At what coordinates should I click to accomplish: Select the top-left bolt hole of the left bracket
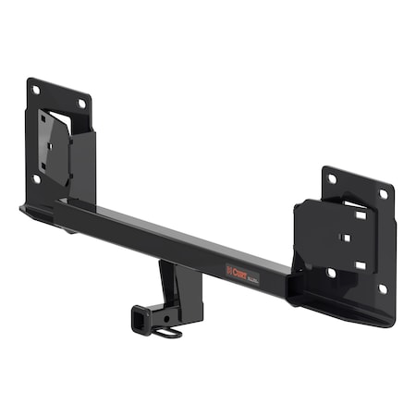pos(36,90)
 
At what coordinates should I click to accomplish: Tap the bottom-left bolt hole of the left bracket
pos(36,178)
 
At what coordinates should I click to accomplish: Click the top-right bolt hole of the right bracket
pos(383,194)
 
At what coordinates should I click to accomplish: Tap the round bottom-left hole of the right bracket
pos(331,273)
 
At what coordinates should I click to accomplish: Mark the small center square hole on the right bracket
pos(344,238)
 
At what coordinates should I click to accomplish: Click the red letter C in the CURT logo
pos(231,270)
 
